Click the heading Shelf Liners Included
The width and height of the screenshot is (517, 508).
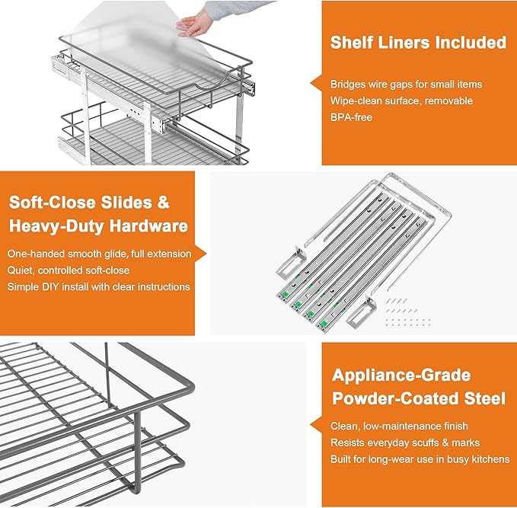[x=418, y=43]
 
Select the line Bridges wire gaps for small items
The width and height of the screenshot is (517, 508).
[x=407, y=84]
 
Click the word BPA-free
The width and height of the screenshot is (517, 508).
[x=351, y=117]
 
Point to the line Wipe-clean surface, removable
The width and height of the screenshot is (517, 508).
[x=401, y=101]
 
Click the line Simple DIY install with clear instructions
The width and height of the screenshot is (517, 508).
[x=98, y=286]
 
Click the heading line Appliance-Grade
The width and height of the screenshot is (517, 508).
[x=401, y=375]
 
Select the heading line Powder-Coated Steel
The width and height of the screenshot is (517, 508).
[x=418, y=398]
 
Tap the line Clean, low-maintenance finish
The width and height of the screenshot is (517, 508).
[x=399, y=426]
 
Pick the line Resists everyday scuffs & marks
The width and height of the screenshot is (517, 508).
[x=404, y=442]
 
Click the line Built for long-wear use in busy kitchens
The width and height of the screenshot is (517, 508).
[x=420, y=458]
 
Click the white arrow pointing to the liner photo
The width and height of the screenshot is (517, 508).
[x=317, y=82]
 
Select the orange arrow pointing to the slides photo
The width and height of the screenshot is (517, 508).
[x=203, y=254]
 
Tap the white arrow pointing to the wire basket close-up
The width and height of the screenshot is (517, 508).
[x=317, y=422]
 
